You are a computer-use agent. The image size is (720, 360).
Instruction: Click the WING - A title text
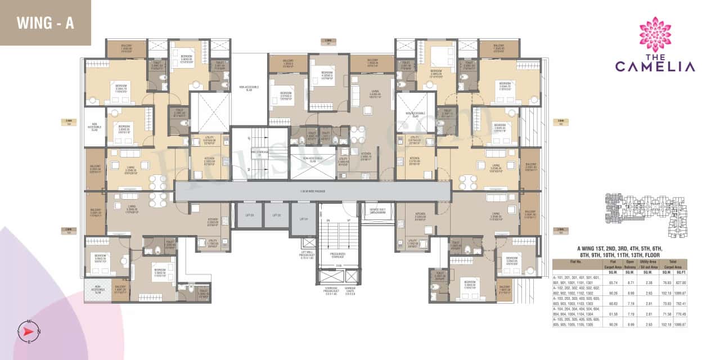46,23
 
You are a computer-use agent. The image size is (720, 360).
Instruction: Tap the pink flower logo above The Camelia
655,34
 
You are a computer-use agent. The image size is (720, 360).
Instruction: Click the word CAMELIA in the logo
655,66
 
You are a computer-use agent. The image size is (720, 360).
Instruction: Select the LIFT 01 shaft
303,219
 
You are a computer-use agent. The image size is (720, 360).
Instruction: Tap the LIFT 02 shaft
276,215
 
